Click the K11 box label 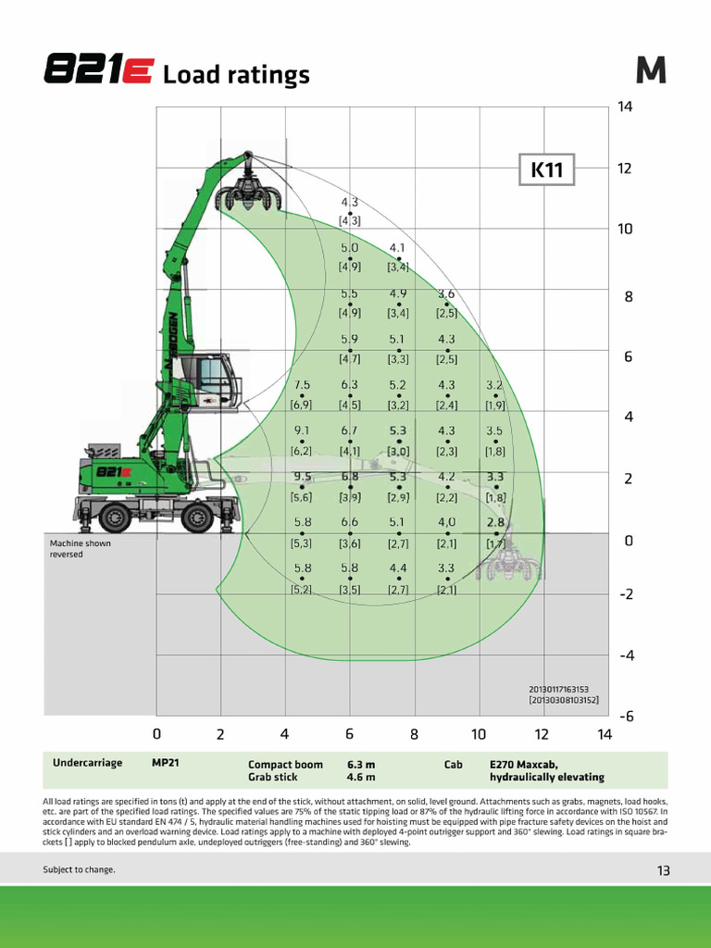(x=547, y=169)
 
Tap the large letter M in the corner (x=651, y=71)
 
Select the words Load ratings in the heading (x=236, y=75)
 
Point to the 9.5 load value (x=302, y=477)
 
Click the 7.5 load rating (x=302, y=384)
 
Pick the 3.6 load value (x=446, y=293)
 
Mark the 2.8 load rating (x=495, y=522)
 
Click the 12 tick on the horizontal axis (x=542, y=734)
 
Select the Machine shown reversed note (x=80, y=548)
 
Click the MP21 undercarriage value (x=166, y=763)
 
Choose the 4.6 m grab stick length (x=361, y=778)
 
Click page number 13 (x=663, y=869)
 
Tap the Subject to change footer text (x=79, y=869)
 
